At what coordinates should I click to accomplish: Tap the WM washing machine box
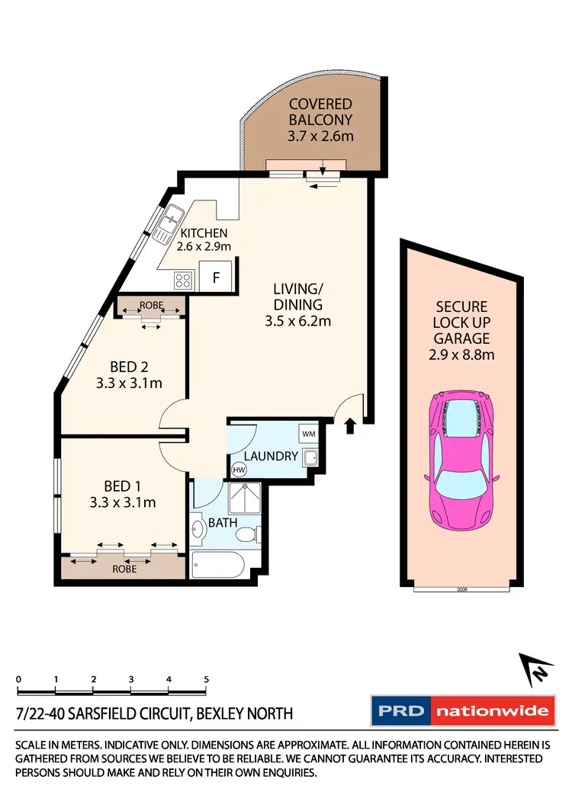[x=307, y=434]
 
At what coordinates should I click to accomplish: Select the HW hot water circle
[x=239, y=470]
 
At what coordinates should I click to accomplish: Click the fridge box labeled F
[x=216, y=278]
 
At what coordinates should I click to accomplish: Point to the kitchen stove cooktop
[x=183, y=281]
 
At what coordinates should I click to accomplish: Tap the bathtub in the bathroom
[x=222, y=567]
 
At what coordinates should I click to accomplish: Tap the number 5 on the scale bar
[x=206, y=678]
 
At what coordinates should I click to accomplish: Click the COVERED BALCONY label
[x=320, y=111]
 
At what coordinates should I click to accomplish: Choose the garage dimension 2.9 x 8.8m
[x=461, y=354]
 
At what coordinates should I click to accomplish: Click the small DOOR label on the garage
[x=461, y=589]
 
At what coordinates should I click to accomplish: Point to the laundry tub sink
[x=310, y=458]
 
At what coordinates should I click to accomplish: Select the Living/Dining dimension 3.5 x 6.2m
[x=298, y=321]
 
